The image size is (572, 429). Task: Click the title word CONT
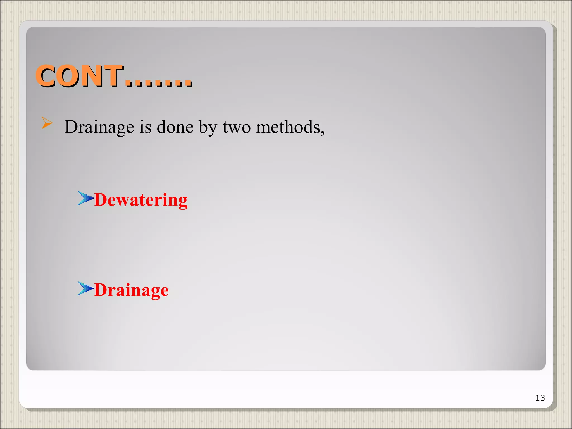80,76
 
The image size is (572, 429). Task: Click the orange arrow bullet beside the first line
47,123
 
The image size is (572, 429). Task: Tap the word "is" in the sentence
145,127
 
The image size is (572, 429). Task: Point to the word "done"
175,127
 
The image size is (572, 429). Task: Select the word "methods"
288,127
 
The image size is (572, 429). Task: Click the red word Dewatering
141,200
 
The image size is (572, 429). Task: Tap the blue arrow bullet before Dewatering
85,198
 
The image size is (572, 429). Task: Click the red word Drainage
131,290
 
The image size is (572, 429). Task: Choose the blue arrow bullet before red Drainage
85,289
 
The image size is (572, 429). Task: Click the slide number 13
540,398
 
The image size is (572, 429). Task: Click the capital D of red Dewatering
101,200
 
